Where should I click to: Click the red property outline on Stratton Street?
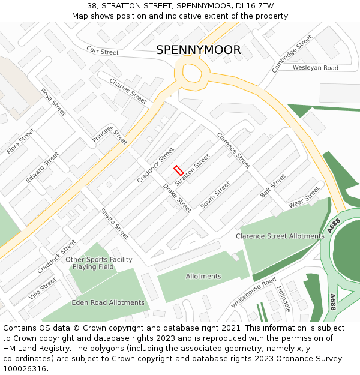pyautogui.click(x=178, y=170)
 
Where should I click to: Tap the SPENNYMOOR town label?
pyautogui.click(x=199, y=50)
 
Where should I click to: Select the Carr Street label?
pyautogui.click(x=103, y=50)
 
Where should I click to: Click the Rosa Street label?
pyautogui.click(x=53, y=102)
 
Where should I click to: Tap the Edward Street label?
pyautogui.click(x=42, y=167)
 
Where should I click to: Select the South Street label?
pyautogui.click(x=215, y=195)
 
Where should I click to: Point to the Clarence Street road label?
pyautogui.click(x=233, y=150)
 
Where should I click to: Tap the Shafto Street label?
pyautogui.click(x=114, y=223)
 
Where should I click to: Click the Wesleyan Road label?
pyautogui.click(x=316, y=68)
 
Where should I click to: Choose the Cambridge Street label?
pyautogui.click(x=292, y=54)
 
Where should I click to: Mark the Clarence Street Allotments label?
pyautogui.click(x=280, y=236)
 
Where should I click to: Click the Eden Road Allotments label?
pyautogui.click(x=108, y=303)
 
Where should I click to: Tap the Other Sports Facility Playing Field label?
pyautogui.click(x=99, y=263)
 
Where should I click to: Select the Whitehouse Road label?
pyautogui.click(x=254, y=292)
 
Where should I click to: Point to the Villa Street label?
pyautogui.click(x=42, y=289)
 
